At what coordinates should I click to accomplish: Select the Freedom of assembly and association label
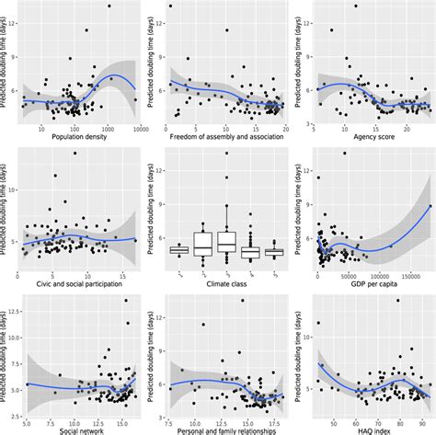[224, 138]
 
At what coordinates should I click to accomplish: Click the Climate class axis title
[224, 284]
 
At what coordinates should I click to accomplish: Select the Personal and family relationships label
[224, 429]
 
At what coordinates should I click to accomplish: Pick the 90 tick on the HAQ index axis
[419, 420]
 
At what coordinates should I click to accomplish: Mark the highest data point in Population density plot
[109, 6]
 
